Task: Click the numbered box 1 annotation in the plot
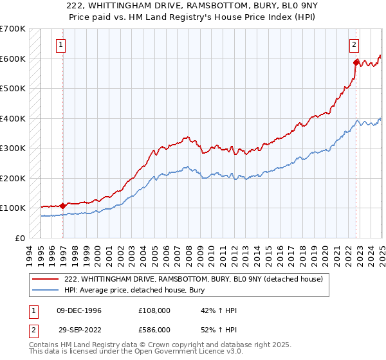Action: pos(60,45)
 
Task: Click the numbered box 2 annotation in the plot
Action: pos(354,45)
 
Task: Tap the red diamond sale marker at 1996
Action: pos(62,206)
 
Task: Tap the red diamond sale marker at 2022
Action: pos(356,62)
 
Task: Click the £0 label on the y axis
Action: pos(19,238)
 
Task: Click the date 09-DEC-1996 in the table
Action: pos(79,310)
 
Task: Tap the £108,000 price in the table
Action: pos(154,310)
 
